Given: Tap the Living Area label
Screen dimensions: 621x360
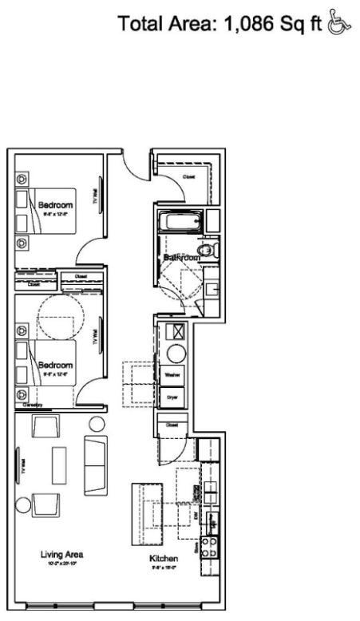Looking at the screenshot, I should pos(61,554).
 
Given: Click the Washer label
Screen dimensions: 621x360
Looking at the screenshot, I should pos(172,374).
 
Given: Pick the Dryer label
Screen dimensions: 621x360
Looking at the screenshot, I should pos(172,396).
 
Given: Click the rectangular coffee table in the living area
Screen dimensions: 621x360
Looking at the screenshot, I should pos(59,465).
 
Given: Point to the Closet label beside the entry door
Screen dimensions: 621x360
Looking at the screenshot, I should pos(188,177).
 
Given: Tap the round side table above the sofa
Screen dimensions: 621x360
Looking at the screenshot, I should pos(97,423).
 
